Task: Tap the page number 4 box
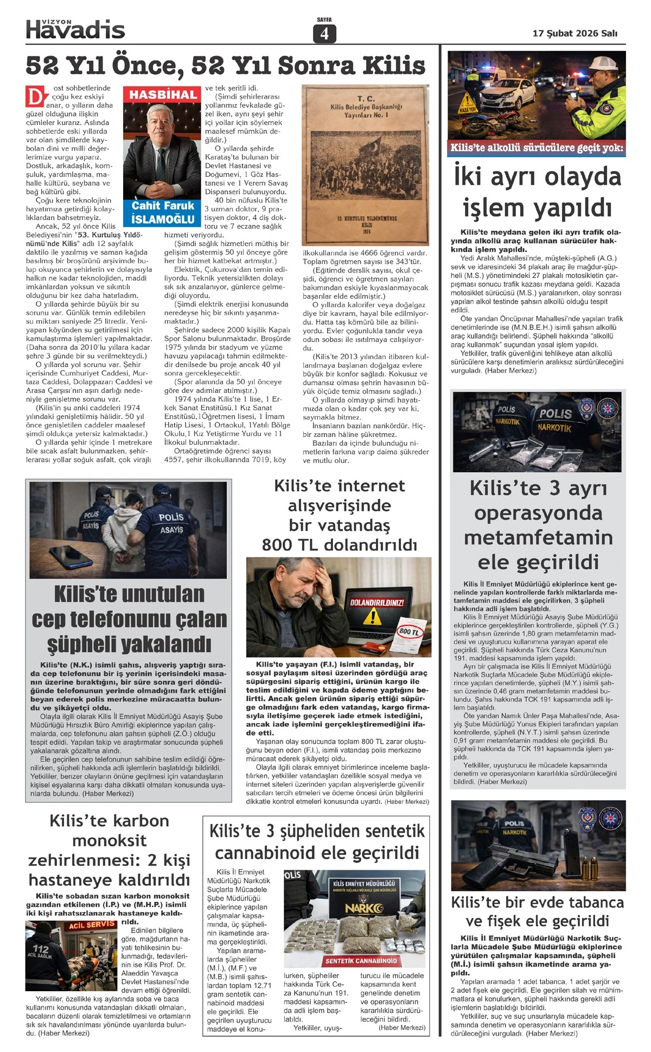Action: point(324,34)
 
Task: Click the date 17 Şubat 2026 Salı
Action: point(575,33)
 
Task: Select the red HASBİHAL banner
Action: point(163,95)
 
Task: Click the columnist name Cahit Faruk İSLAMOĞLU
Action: point(163,212)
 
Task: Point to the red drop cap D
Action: point(34,97)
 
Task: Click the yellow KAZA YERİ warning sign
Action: point(467,103)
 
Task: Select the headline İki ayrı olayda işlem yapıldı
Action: point(537,192)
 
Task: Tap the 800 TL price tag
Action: point(409,632)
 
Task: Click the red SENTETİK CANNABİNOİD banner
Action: point(361,960)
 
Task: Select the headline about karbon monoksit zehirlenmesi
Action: point(109,850)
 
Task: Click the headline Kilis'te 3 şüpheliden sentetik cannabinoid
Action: point(317,842)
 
